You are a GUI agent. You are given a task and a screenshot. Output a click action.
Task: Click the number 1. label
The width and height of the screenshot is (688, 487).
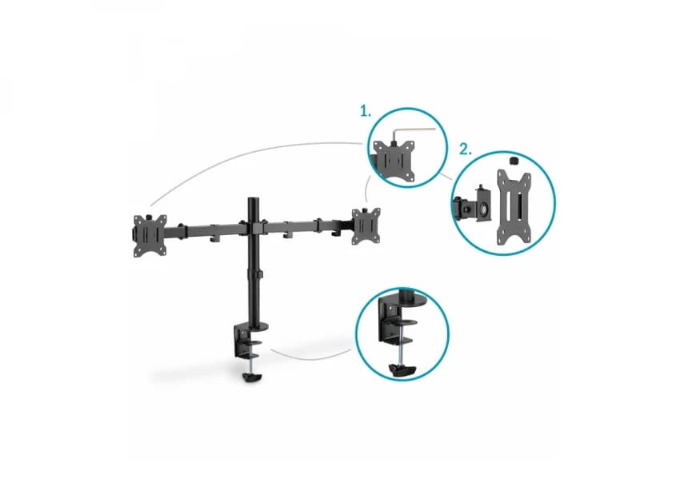pyautogui.click(x=366, y=111)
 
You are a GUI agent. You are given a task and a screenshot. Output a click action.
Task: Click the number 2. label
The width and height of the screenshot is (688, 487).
pyautogui.click(x=465, y=150)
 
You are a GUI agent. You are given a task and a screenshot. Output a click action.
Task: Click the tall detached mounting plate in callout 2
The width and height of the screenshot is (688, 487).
pyautogui.click(x=514, y=206)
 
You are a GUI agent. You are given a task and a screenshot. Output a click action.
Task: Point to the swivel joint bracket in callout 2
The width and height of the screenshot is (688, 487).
pyautogui.click(x=472, y=206)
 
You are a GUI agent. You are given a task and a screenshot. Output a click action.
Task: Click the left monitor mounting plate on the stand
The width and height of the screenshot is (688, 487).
pyautogui.click(x=150, y=235)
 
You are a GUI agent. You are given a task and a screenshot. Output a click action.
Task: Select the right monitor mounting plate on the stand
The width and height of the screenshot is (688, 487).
pyautogui.click(x=365, y=226)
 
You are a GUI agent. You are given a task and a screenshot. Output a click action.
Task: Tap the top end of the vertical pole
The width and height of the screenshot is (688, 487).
pyautogui.click(x=254, y=199)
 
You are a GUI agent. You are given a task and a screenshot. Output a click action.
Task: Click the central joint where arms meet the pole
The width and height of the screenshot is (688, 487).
pyautogui.click(x=254, y=228)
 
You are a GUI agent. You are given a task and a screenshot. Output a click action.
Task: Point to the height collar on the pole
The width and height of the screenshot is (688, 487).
pyautogui.click(x=254, y=274)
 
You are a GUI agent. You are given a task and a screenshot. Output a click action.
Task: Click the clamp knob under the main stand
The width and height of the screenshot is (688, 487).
pyautogui.click(x=250, y=377)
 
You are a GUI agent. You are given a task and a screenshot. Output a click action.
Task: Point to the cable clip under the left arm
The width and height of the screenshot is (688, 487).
pyautogui.click(x=214, y=238)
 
